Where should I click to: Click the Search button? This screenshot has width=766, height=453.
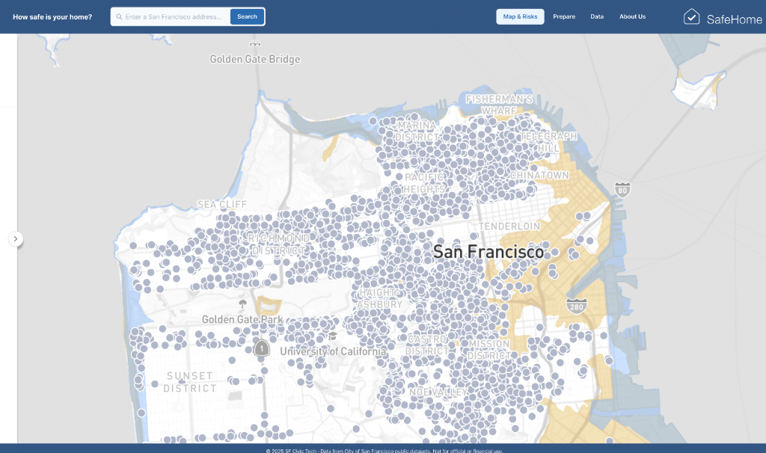(247, 16)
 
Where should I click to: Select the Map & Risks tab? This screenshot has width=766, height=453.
(520, 16)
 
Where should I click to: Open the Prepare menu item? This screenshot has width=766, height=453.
(564, 16)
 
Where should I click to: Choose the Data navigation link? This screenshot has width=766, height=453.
(597, 16)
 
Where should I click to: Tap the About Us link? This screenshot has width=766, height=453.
(632, 16)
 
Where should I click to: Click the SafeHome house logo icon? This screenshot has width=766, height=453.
(692, 16)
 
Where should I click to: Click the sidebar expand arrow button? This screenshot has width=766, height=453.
(16, 238)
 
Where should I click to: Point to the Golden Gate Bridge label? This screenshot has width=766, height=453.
(254, 59)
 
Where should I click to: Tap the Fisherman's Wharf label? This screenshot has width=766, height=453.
(499, 105)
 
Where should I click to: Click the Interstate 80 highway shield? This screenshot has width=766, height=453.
(622, 188)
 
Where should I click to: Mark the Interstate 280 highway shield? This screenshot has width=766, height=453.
(577, 306)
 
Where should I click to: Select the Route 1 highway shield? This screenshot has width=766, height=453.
(261, 348)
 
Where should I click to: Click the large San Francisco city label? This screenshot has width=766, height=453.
(488, 252)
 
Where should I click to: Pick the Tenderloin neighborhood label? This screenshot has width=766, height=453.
(509, 226)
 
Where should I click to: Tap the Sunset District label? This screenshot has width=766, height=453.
(190, 382)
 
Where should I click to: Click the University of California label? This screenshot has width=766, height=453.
(333, 351)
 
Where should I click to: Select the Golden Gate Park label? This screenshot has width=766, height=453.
(242, 320)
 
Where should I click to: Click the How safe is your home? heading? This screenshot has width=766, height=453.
(52, 16)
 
